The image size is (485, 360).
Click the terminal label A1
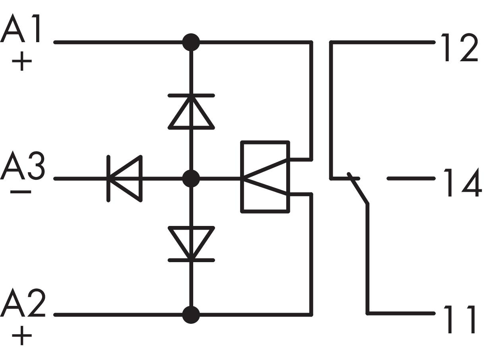pos(22,30)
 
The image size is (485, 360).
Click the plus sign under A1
pos(22,62)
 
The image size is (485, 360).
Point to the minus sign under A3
pos(21,192)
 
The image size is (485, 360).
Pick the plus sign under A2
pos(22,336)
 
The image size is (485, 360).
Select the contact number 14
pos(461,183)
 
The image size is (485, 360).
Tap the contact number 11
pos(459,319)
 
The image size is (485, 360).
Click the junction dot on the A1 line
pos(191,42)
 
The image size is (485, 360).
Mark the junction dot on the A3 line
pos(191,179)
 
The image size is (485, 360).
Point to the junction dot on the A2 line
pos(191,314)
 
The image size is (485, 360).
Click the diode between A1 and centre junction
pos(191,111)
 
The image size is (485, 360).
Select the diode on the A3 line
pos(124,179)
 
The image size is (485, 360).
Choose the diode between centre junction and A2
pos(191,243)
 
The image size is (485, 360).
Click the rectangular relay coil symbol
pos(265,177)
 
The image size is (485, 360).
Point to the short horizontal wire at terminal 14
pos(411,179)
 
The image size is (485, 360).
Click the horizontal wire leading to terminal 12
pos(384,42)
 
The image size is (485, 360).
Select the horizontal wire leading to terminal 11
pos(402,313)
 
